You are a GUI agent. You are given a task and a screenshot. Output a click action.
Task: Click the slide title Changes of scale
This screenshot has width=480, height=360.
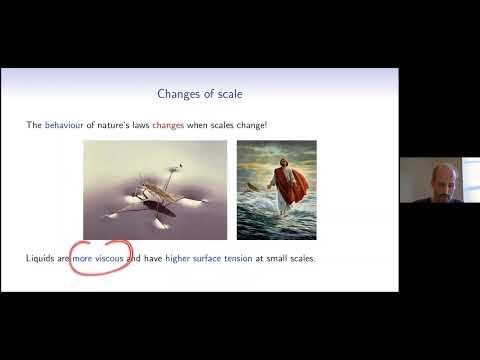tap(199, 94)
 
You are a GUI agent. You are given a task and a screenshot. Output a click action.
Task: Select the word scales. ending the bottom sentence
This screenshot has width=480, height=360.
tap(300, 258)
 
